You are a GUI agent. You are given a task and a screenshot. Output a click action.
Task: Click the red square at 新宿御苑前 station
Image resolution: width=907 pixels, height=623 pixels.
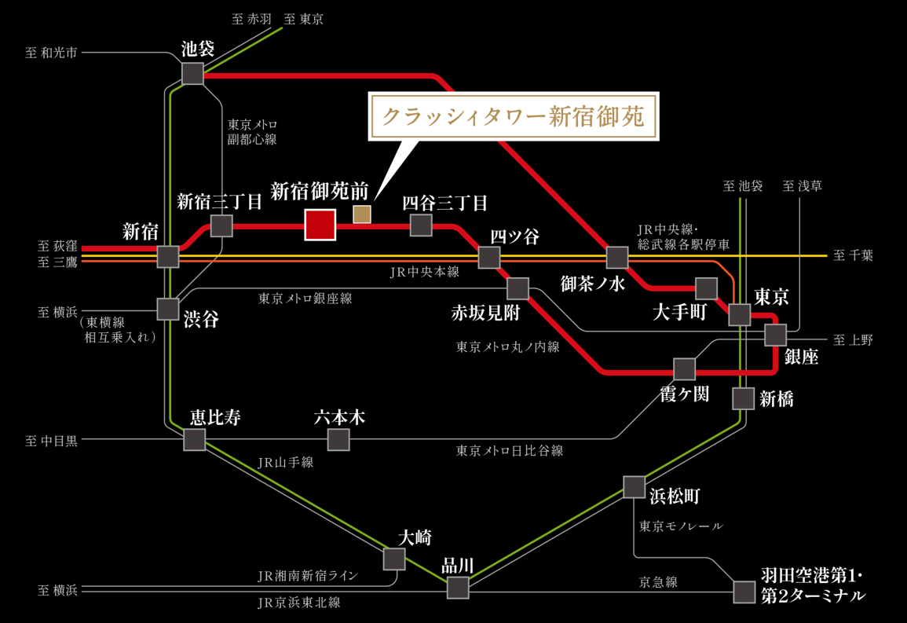(x=320, y=225)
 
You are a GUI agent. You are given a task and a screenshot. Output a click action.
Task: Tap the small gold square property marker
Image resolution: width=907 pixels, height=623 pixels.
(x=362, y=214)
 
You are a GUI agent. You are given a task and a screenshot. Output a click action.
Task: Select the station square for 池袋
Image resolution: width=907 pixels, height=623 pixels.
(x=192, y=74)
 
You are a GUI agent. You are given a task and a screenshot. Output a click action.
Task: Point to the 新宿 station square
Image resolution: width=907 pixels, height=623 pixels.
(x=168, y=257)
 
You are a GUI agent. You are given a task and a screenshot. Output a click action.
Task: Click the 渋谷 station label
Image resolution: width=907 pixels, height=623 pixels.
(x=201, y=319)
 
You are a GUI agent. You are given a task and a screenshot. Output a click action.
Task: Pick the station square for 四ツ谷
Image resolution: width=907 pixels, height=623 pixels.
(x=489, y=257)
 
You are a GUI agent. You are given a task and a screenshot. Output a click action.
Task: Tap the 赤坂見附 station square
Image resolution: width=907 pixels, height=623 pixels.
(x=518, y=288)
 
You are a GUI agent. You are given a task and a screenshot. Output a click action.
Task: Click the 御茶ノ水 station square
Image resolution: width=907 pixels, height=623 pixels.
(x=617, y=257)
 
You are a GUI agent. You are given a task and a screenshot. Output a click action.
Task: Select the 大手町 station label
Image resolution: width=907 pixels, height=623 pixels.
(x=680, y=312)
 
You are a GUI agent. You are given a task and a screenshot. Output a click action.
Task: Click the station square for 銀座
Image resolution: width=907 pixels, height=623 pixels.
(x=776, y=335)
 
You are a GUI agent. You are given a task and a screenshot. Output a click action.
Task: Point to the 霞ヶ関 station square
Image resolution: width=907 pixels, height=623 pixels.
(x=684, y=368)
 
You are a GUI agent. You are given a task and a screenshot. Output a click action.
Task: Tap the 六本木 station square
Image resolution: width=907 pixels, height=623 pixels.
(x=338, y=439)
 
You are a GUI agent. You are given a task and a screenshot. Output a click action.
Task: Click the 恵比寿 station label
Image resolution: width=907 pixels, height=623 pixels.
(x=215, y=416)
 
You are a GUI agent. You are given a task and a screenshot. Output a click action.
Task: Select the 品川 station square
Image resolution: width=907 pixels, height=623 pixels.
(x=458, y=587)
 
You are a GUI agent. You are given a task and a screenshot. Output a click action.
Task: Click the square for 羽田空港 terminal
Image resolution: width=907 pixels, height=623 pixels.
(x=744, y=592)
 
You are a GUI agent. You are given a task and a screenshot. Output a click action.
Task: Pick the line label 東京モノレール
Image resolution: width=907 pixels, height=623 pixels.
(x=681, y=526)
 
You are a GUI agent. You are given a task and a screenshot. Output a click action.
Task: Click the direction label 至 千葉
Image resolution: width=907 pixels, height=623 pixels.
(x=854, y=256)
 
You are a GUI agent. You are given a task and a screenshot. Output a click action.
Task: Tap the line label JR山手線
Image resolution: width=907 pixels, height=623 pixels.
(x=286, y=463)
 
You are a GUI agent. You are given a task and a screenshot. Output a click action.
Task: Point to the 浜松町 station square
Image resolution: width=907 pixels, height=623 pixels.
(x=635, y=486)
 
